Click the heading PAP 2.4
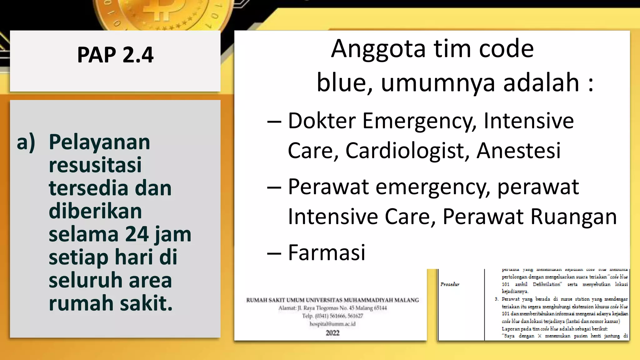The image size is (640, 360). [115, 55]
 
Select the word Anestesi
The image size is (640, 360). [518, 151]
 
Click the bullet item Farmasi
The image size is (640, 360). [326, 252]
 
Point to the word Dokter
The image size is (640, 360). [322, 121]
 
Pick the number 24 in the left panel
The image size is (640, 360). [137, 234]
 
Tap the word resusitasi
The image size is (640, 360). [95, 165]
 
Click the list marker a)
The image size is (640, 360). [26, 142]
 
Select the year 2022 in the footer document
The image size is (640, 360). [332, 333]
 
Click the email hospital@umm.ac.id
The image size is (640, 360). [332, 324]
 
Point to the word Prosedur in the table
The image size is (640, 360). [450, 284]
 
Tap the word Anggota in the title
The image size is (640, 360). [378, 49]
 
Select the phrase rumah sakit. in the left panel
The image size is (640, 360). [111, 303]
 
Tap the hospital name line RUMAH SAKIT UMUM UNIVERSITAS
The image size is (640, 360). [332, 300]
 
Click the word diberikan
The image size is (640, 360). [95, 211]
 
